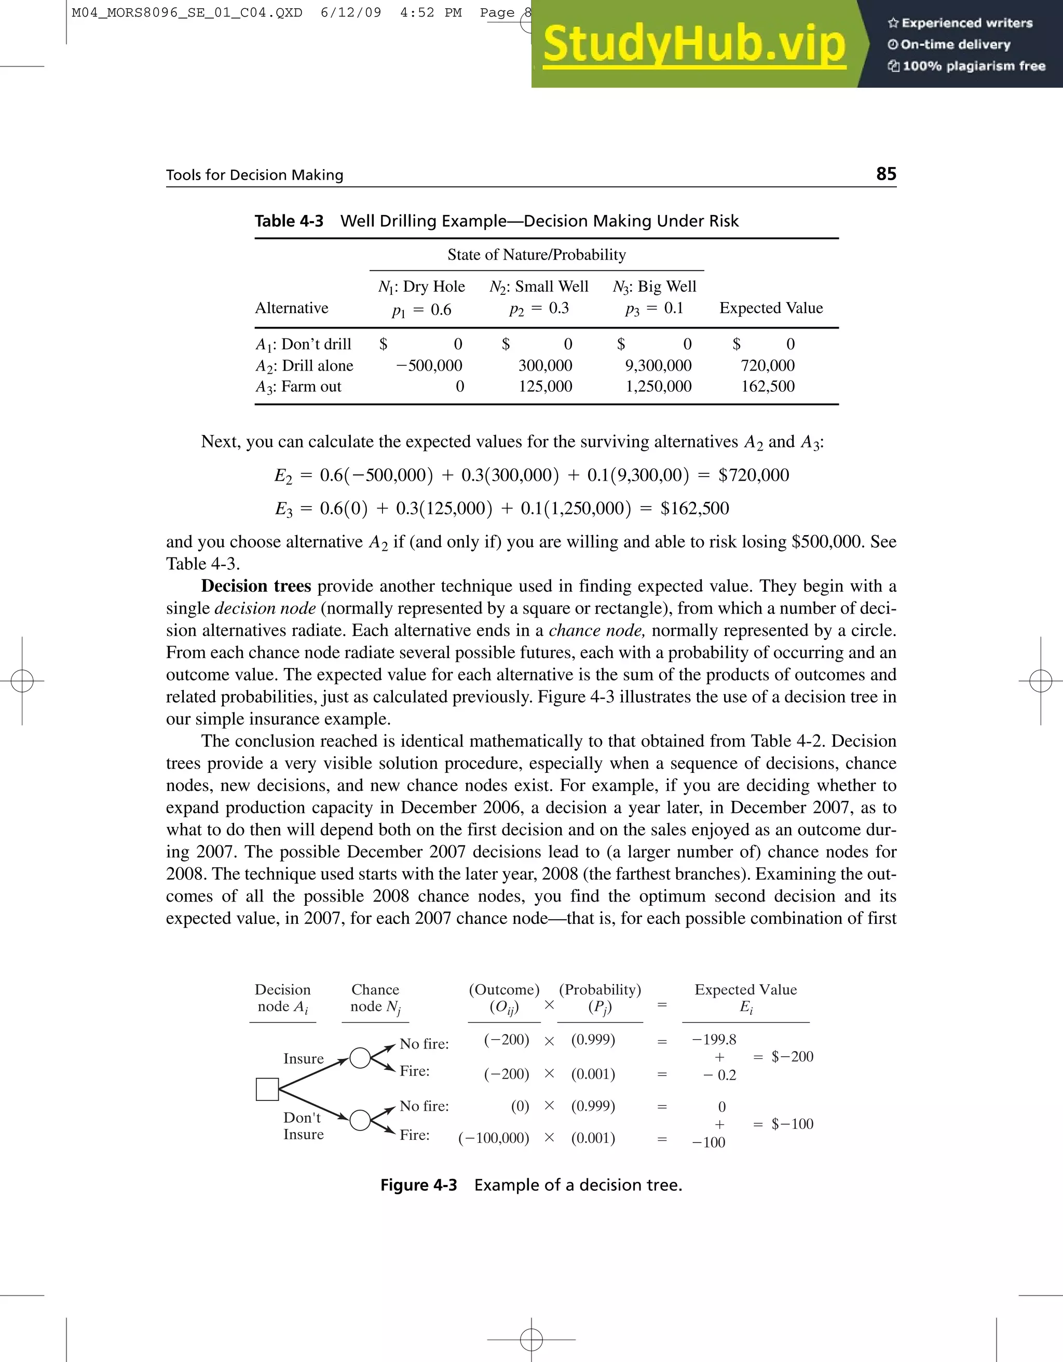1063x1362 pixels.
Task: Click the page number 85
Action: (886, 173)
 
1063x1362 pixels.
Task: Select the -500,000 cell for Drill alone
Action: (429, 365)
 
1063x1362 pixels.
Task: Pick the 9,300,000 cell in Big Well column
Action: (658, 365)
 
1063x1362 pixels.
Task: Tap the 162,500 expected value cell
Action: (768, 387)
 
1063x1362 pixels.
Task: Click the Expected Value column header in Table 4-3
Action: (771, 308)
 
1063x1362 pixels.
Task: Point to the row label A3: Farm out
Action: (298, 387)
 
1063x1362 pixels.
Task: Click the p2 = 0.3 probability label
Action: (539, 309)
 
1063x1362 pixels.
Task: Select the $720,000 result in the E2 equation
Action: (754, 475)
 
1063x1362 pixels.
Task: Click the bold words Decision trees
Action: (255, 586)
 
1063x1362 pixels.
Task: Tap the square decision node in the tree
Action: (267, 1089)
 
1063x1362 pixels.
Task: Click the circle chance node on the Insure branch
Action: (360, 1058)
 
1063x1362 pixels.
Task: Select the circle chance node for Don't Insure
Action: (360, 1120)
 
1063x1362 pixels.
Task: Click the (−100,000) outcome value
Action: (493, 1138)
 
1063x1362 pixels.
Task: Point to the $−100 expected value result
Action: (792, 1124)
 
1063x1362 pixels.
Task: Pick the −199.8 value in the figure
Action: (714, 1040)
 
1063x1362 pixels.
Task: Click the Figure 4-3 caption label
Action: (418, 1185)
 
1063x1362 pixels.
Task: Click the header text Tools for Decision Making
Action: (254, 175)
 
